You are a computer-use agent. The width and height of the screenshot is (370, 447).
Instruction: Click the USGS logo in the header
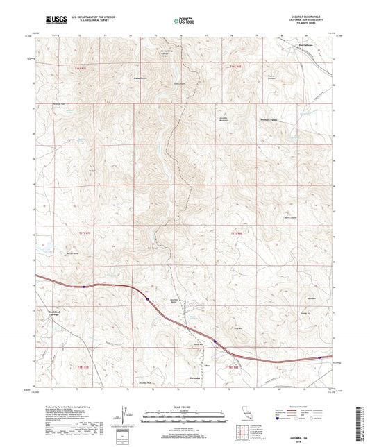(52, 21)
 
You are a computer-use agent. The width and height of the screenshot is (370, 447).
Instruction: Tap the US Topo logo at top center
(184, 21)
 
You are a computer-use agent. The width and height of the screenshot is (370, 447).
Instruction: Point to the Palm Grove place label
(142, 78)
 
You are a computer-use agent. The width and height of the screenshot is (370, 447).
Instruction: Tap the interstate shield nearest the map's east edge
(319, 358)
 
